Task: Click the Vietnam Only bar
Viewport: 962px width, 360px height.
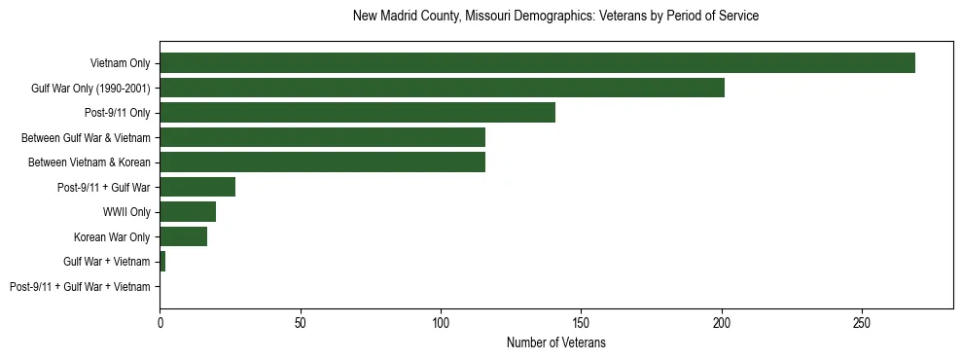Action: [x=537, y=63]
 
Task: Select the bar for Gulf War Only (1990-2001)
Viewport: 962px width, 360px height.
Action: [x=442, y=89]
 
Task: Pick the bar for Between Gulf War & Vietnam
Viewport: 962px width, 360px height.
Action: [x=322, y=138]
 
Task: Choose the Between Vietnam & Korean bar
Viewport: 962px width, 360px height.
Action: [x=322, y=162]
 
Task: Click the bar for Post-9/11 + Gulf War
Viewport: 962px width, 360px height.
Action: [x=197, y=188]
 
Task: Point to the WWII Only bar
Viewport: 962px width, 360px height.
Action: [x=188, y=212]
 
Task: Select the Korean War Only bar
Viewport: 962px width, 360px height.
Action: [x=183, y=236]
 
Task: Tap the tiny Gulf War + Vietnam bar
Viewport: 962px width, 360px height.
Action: [x=162, y=262]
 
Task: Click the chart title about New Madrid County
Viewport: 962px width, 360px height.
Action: [x=555, y=17]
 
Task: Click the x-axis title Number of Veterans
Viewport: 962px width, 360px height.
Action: [x=555, y=342]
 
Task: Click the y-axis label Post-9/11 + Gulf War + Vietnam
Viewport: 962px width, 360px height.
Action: [x=80, y=287]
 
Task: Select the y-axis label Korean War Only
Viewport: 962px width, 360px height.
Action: [x=112, y=237]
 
